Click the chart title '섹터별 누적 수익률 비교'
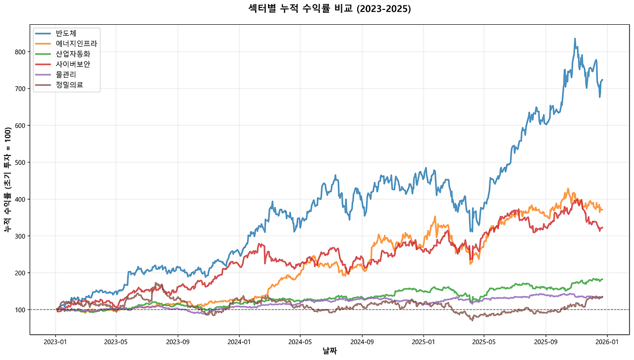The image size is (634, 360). [x=329, y=9]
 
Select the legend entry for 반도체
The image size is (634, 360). [x=66, y=33]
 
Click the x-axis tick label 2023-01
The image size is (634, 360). [x=55, y=342]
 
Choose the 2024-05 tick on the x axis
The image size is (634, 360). [x=300, y=342]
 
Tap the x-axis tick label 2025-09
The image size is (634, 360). [x=545, y=342]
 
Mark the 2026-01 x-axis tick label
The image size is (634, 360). [x=607, y=342]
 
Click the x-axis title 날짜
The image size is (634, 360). [x=329, y=351]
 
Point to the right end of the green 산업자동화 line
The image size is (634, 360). [x=602, y=279]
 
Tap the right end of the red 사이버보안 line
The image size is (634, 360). [x=602, y=228]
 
